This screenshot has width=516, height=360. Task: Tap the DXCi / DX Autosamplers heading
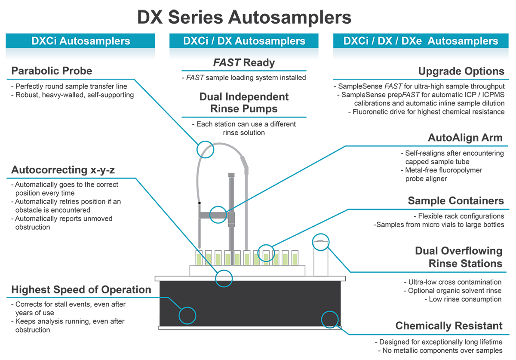[244, 41]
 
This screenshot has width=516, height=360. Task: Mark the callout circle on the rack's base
[224, 278]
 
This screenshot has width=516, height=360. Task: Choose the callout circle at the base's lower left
[187, 316]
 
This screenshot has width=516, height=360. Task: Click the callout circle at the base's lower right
[330, 319]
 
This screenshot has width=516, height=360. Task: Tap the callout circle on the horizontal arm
[217, 214]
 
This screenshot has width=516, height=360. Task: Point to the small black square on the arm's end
[200, 202]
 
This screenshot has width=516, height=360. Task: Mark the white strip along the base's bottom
[249, 328]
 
